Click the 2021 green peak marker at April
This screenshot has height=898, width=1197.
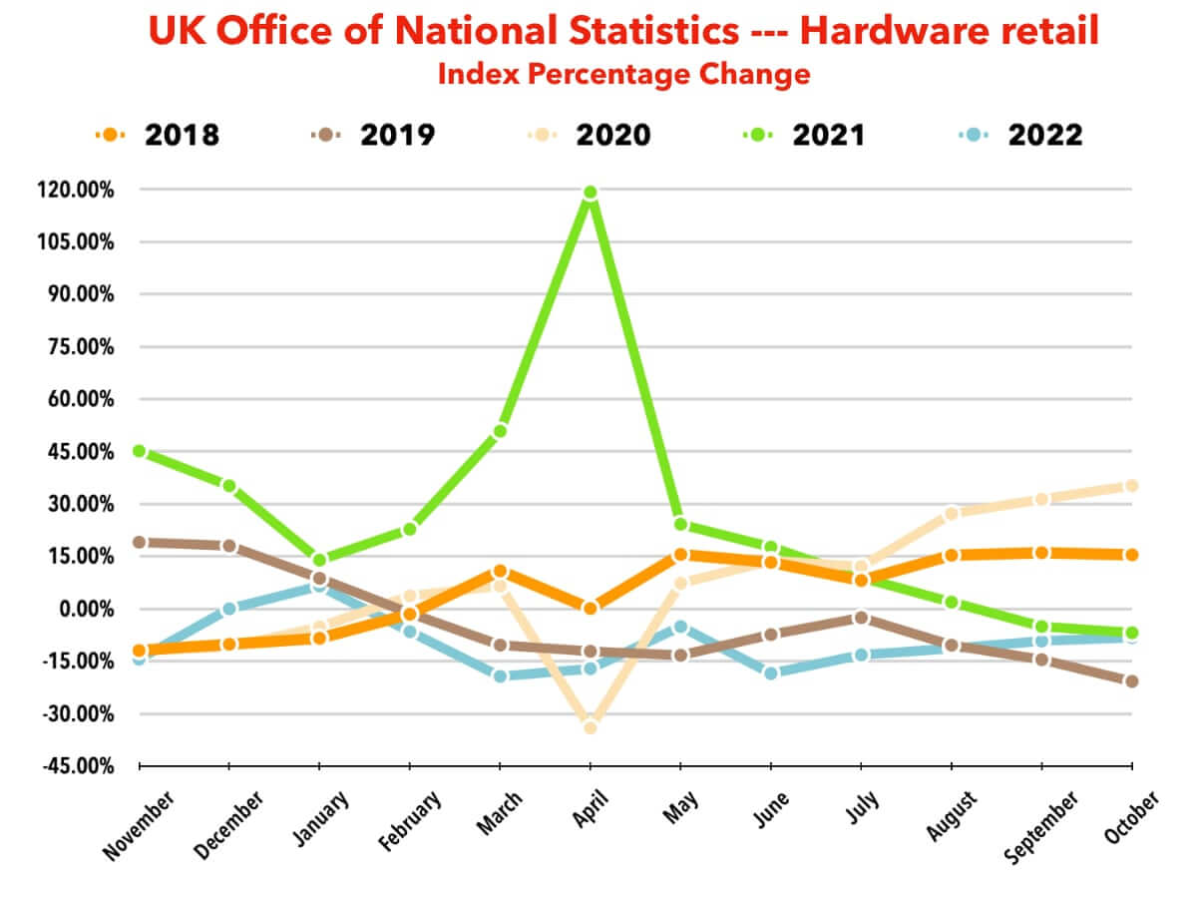[x=590, y=193]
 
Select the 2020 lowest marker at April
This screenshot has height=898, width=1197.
[x=590, y=727]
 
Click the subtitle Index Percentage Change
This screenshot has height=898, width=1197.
[x=623, y=74]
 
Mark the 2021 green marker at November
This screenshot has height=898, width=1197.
[x=140, y=451]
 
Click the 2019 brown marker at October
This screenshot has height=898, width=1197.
[x=1131, y=681]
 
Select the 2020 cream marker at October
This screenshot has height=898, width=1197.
[x=1131, y=486]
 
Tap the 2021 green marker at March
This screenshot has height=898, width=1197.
[x=500, y=431]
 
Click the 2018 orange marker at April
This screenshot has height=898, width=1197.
[x=590, y=608]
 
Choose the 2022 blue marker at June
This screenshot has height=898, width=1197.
[x=770, y=673]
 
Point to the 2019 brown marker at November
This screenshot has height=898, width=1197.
[x=140, y=542]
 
